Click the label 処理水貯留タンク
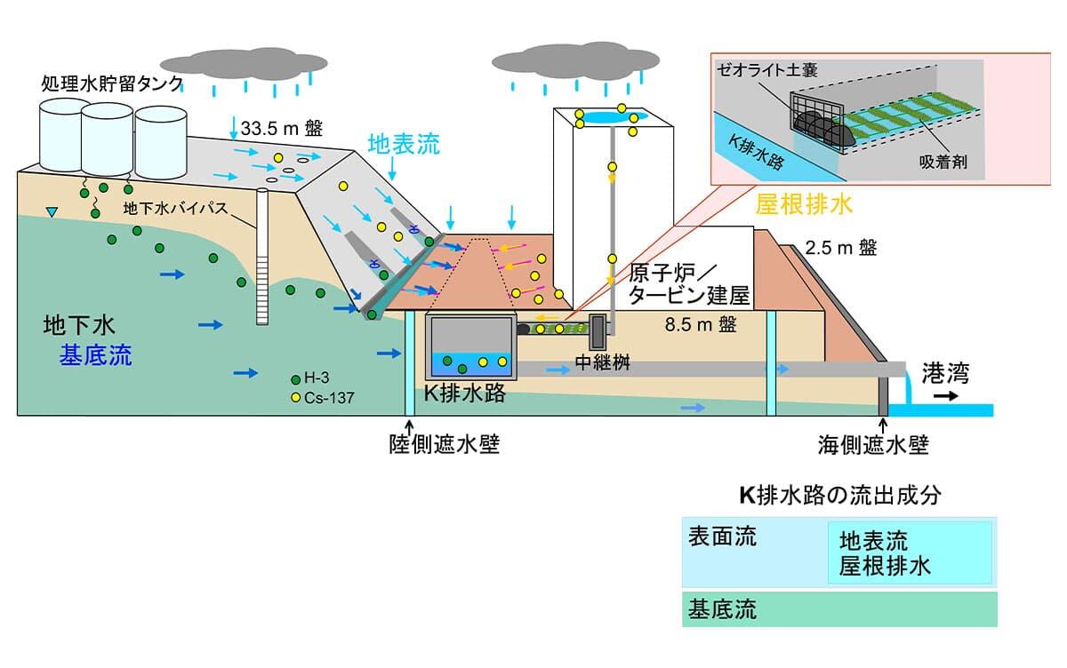click(x=112, y=83)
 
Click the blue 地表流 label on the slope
click(x=404, y=146)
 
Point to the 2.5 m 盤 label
click(x=840, y=248)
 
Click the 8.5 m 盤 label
click(x=701, y=323)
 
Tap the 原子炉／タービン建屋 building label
click(x=689, y=283)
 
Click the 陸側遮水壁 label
click(x=445, y=443)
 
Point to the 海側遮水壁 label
click(x=873, y=444)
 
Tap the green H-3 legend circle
click(x=295, y=380)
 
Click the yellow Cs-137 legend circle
click(x=295, y=397)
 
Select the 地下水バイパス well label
click(x=178, y=210)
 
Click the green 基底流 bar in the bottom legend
click(x=838, y=610)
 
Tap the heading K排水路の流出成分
click(x=839, y=496)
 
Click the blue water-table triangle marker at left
click(x=52, y=212)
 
